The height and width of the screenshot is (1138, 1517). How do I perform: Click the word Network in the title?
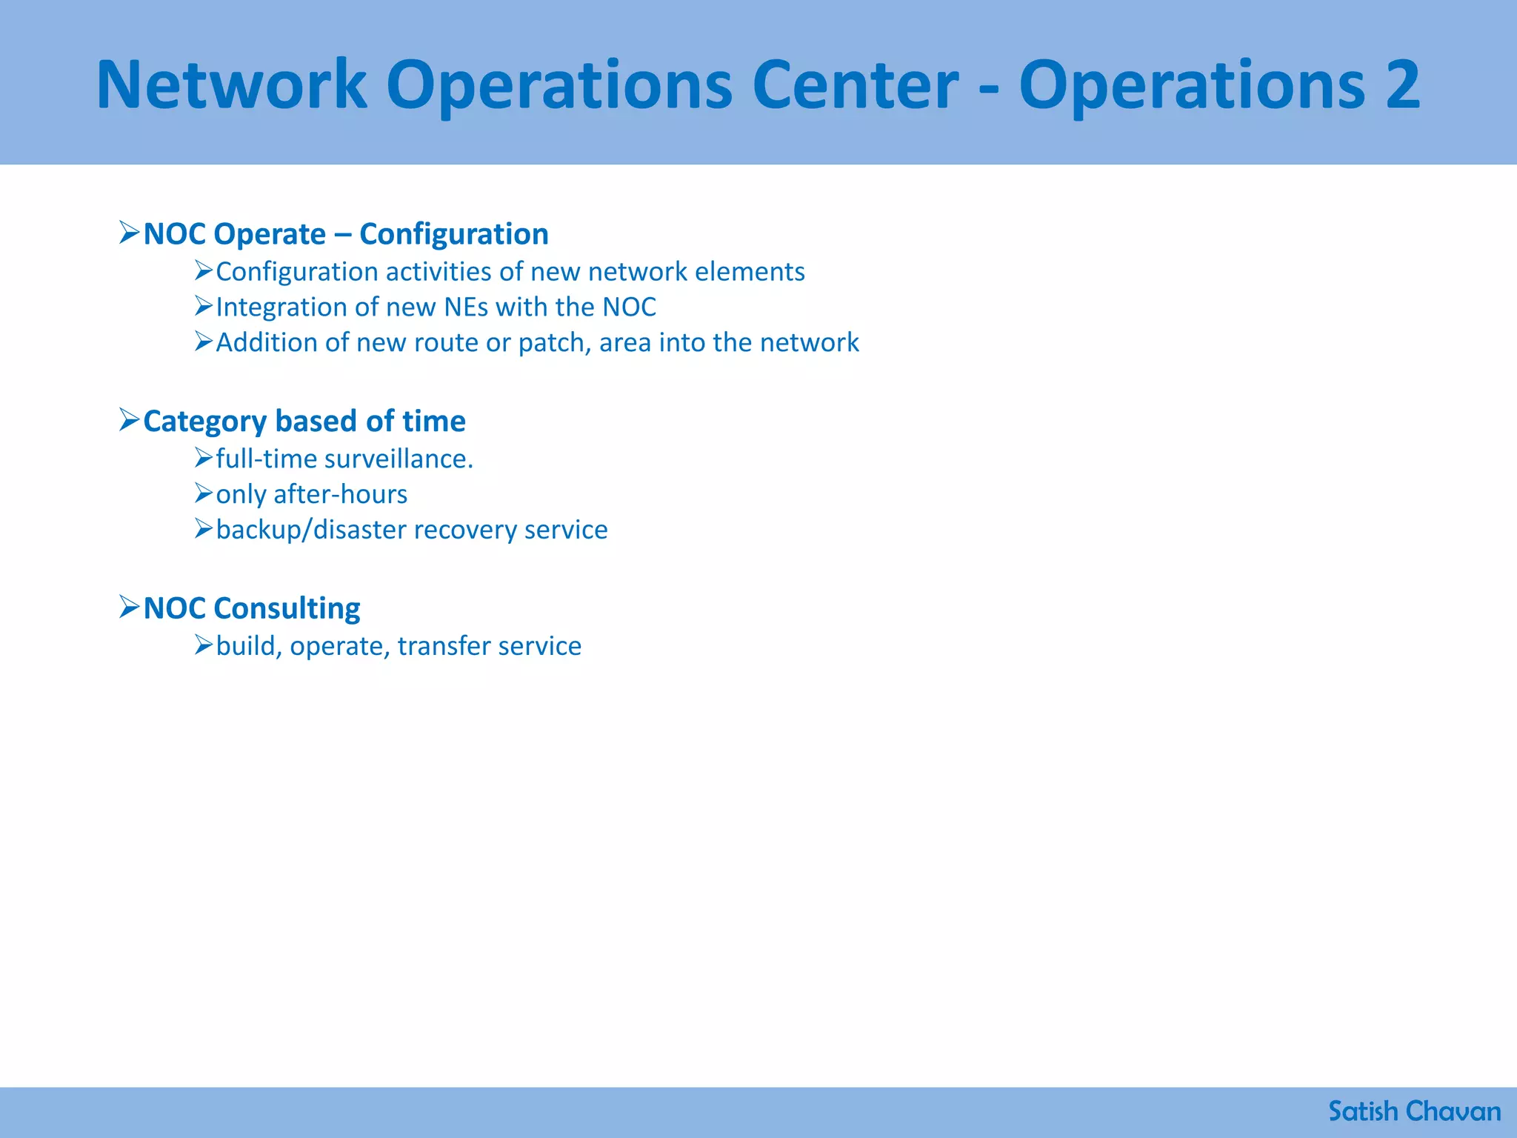[232, 85]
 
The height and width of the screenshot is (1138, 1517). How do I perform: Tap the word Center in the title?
[856, 85]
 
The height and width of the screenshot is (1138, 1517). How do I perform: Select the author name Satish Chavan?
[1414, 1111]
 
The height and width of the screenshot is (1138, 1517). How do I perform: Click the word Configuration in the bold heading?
[453, 234]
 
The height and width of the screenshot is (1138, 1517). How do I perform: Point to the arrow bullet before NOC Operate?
[129, 233]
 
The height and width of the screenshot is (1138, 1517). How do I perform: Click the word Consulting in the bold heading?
[287, 608]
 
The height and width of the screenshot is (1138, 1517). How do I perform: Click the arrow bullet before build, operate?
[204, 645]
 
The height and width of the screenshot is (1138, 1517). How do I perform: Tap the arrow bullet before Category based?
[129, 420]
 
